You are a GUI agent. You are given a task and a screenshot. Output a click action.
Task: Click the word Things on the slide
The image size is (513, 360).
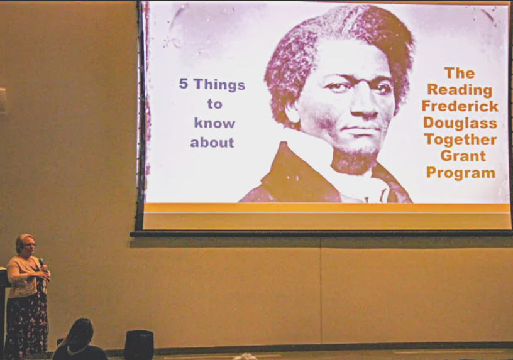pos(219,85)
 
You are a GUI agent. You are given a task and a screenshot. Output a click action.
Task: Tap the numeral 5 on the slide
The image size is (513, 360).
pos(184,84)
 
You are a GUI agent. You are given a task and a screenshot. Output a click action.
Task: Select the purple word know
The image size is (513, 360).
pos(214,123)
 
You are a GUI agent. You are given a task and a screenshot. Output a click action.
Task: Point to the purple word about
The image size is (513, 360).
pos(212,142)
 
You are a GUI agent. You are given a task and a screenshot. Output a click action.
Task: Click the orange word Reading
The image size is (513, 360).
pos(460,90)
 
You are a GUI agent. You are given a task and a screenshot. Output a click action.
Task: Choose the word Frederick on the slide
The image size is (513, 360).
pos(460,106)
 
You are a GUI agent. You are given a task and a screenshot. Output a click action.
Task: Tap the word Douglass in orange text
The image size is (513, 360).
pos(460,123)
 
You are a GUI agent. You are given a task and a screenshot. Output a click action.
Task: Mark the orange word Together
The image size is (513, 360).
pos(461,140)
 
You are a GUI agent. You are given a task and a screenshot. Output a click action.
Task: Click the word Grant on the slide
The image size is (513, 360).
pos(463,156)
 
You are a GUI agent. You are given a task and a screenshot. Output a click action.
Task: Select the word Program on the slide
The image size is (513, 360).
pos(461,173)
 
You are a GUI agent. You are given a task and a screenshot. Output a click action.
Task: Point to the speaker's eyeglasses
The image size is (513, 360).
pos(30,244)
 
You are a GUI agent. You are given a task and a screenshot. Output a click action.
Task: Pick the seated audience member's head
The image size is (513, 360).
pos(79,334)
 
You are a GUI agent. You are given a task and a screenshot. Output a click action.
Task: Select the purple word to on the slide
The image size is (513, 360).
pos(214,104)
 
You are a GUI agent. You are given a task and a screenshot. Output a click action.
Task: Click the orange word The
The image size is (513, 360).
pos(460,74)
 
